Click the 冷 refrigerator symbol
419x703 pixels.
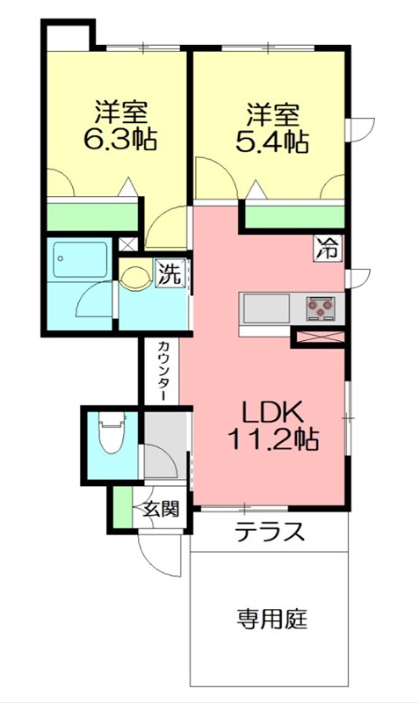(x=329, y=249)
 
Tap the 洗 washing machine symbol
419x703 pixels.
(x=170, y=273)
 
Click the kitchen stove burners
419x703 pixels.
(x=321, y=308)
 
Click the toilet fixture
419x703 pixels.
(x=111, y=435)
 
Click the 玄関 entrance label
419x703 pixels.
(x=163, y=508)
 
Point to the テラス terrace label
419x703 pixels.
(x=269, y=533)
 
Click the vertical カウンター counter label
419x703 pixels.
(x=164, y=372)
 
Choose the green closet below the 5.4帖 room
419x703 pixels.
(x=294, y=216)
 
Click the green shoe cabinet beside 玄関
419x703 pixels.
(x=120, y=509)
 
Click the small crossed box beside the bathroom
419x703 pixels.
(x=128, y=245)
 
